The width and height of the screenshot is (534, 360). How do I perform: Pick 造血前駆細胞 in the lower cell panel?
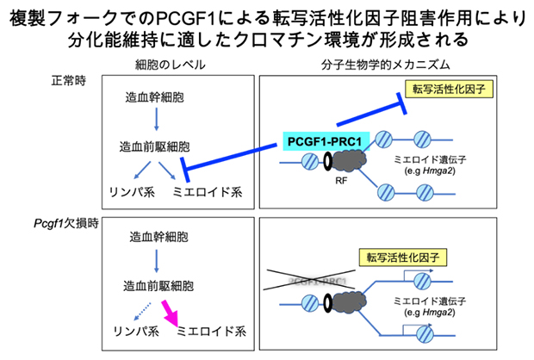pyautogui.click(x=160, y=285)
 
